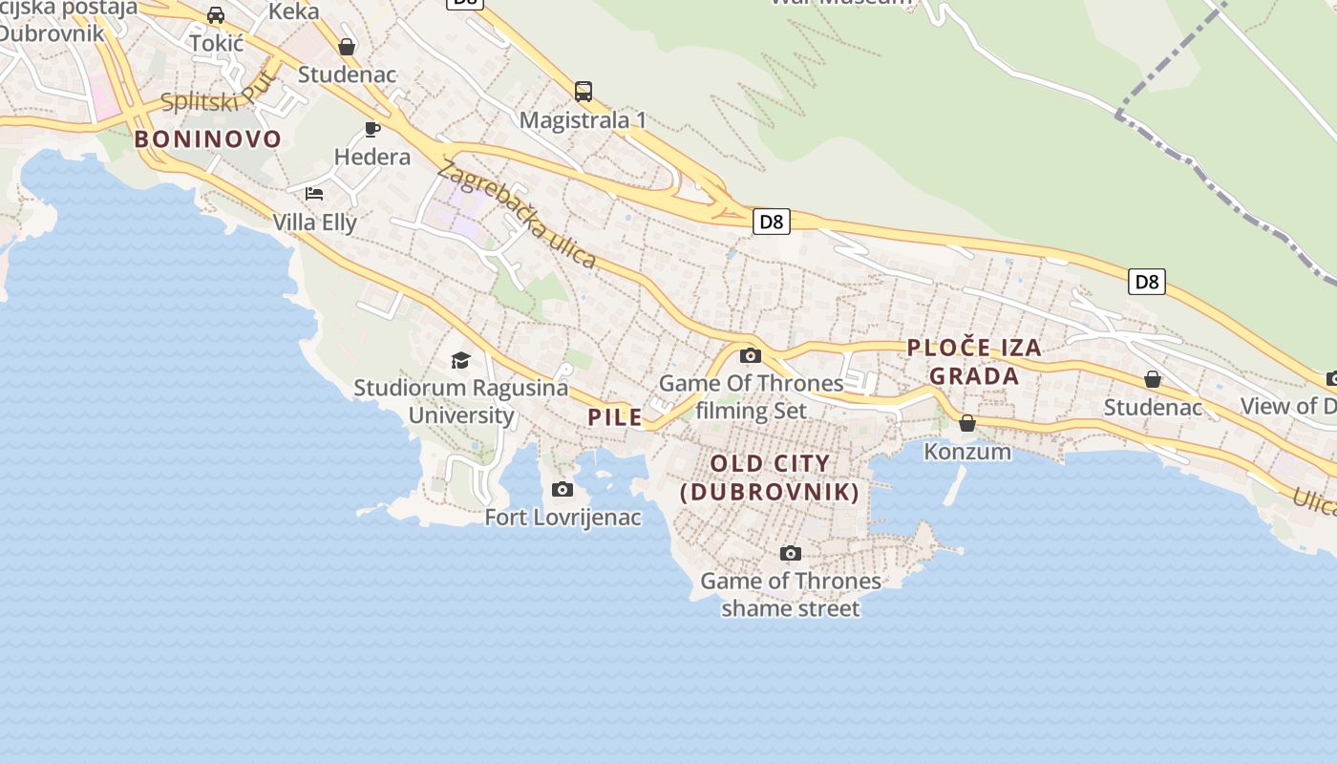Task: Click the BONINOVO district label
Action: [208, 139]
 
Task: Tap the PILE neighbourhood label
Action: [614, 417]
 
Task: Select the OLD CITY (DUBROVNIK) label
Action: [770, 477]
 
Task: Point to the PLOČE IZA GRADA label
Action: [974, 362]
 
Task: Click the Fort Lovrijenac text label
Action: [562, 518]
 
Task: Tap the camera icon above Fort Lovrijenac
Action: [562, 490]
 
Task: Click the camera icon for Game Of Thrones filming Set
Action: [751, 356]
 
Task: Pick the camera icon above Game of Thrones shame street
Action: [790, 554]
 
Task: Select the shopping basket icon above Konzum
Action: [967, 423]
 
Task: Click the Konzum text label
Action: [967, 451]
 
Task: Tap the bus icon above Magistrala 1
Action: [584, 92]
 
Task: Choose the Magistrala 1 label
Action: [584, 120]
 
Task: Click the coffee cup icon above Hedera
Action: [372, 129]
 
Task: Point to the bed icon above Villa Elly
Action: [314, 194]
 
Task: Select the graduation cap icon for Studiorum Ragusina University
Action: [461, 360]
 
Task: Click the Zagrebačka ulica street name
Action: [517, 215]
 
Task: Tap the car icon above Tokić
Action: [216, 15]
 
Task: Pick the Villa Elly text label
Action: [314, 223]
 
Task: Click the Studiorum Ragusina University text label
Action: [461, 401]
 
